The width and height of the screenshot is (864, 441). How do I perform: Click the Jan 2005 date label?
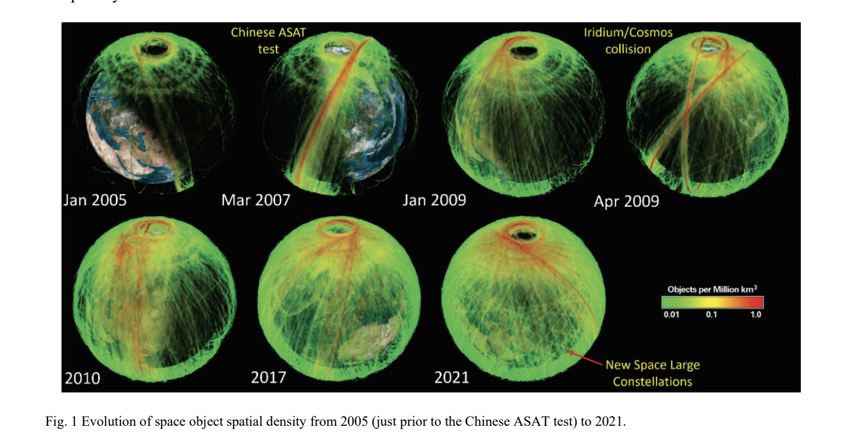[95, 201]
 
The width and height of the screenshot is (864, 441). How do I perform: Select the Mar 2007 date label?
[256, 201]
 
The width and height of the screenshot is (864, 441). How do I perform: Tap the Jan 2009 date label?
[434, 201]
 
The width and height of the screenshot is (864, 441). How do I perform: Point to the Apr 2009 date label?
[626, 202]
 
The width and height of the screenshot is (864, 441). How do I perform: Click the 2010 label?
[83, 378]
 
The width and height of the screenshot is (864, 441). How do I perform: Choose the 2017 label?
[268, 377]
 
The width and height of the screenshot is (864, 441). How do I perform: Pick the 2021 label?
[452, 377]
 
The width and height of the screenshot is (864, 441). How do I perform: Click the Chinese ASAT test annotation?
[268, 40]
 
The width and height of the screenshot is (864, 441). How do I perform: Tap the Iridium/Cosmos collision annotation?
[628, 40]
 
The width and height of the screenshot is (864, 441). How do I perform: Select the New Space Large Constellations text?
[653, 373]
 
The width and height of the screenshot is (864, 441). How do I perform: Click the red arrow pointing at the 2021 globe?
[585, 359]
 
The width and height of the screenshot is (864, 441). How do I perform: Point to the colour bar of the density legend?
[712, 302]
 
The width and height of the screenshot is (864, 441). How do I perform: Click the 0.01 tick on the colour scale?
[671, 315]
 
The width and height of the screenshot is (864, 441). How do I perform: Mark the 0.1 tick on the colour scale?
[711, 315]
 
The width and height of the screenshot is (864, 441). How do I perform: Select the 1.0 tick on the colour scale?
[755, 315]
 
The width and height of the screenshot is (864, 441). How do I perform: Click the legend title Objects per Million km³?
[712, 290]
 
